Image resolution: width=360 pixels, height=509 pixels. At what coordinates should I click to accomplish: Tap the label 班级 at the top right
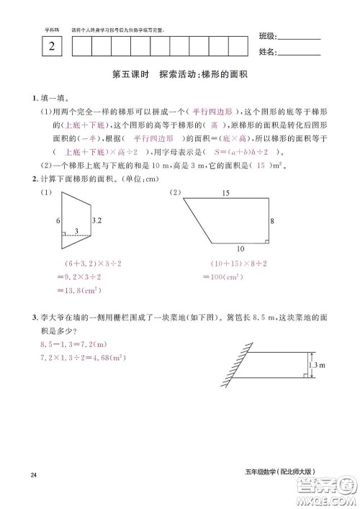pyautogui.click(x=266, y=37)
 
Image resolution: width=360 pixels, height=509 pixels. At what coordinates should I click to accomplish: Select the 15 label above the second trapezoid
pyautogui.click(x=225, y=192)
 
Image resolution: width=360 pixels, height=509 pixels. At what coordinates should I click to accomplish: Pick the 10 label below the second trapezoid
pyautogui.click(x=240, y=249)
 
